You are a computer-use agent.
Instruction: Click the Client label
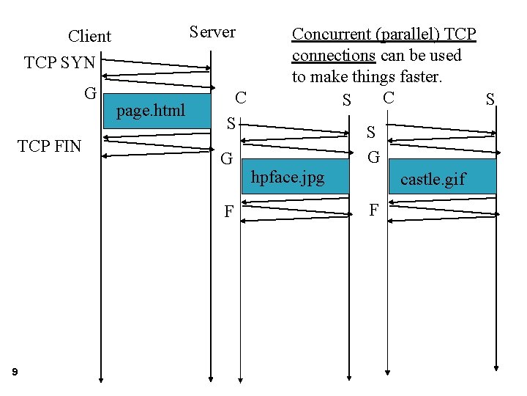tap(89, 37)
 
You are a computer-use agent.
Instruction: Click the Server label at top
tap(212, 32)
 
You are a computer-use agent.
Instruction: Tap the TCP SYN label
tap(60, 63)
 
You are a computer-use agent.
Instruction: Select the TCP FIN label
tap(50, 146)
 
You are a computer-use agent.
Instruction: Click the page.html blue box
tap(151, 111)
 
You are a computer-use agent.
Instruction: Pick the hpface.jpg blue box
tap(288, 177)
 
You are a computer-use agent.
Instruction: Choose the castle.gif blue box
tap(433, 179)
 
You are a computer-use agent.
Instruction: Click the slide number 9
tap(15, 373)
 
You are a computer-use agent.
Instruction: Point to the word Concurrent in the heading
tap(323, 34)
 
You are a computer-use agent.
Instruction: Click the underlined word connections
tap(334, 56)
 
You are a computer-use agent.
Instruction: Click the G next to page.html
tap(91, 93)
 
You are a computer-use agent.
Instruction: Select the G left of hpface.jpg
tap(227, 158)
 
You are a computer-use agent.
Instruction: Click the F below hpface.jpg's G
tap(228, 213)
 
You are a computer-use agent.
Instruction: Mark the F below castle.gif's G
tap(373, 210)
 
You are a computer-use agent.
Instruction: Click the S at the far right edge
tap(490, 100)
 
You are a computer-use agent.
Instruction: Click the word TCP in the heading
tap(460, 34)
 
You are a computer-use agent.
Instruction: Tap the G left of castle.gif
tap(373, 157)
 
